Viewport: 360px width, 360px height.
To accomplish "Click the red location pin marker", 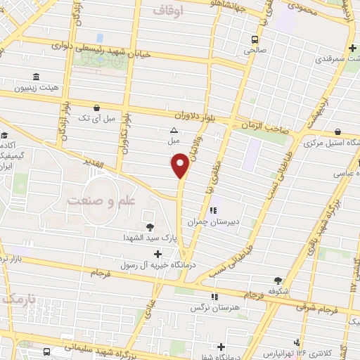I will point(180,164).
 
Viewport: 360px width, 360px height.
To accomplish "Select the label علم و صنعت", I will point(100,200).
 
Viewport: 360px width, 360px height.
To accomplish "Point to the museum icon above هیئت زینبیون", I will point(35,77).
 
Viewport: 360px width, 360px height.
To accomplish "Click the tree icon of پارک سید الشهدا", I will point(150,226).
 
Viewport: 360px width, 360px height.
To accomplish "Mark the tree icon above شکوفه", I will point(278,280).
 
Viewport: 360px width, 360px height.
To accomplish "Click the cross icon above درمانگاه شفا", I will point(221,346).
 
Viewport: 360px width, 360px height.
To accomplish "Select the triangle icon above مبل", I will point(174,130).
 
